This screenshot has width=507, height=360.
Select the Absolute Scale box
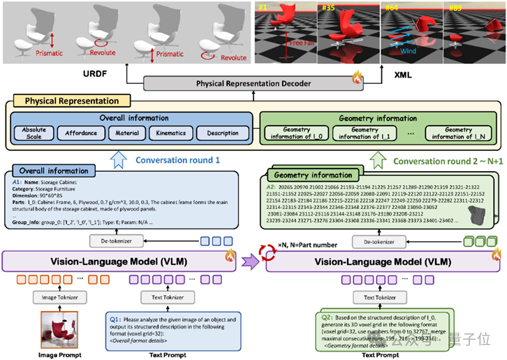click(34, 133)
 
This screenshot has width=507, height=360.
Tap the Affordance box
click(81, 133)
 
